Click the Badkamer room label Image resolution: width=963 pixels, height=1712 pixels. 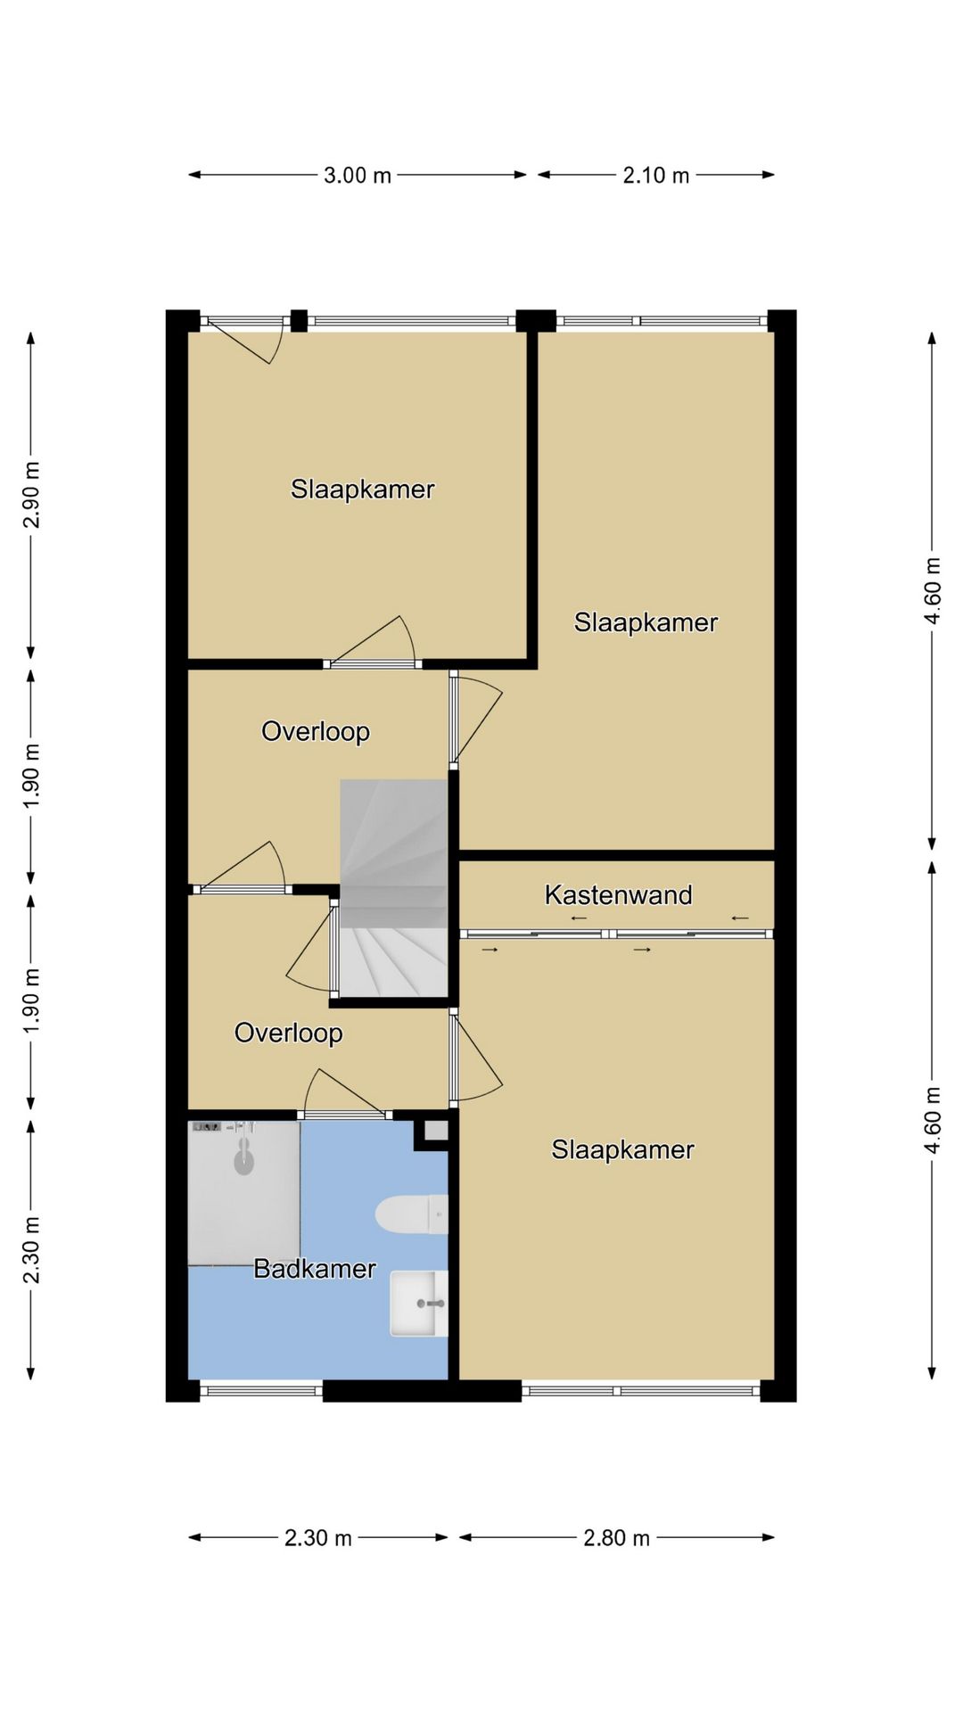click(x=315, y=1268)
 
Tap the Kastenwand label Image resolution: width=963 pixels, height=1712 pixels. click(x=618, y=894)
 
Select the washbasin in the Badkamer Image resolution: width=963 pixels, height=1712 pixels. click(x=419, y=1304)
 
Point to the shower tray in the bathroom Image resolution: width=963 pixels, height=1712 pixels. click(x=243, y=1192)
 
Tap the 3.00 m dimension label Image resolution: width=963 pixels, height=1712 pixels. click(x=358, y=176)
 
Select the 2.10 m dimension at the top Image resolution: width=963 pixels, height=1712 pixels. click(x=656, y=176)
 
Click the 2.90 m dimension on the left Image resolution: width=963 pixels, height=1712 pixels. click(x=31, y=495)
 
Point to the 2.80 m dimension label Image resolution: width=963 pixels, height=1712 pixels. click(x=617, y=1537)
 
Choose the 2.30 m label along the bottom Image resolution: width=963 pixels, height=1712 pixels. click(x=318, y=1537)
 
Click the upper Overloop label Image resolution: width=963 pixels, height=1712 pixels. click(x=316, y=731)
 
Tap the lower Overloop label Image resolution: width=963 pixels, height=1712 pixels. click(x=289, y=1033)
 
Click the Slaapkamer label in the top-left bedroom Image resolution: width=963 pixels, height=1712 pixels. click(x=363, y=489)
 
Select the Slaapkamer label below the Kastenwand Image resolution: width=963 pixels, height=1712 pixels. click(x=622, y=1149)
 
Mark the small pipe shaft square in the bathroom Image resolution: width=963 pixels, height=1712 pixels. click(x=435, y=1132)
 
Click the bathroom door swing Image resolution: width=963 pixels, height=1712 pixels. click(x=344, y=1092)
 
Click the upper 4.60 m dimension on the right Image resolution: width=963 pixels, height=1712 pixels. click(x=933, y=590)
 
